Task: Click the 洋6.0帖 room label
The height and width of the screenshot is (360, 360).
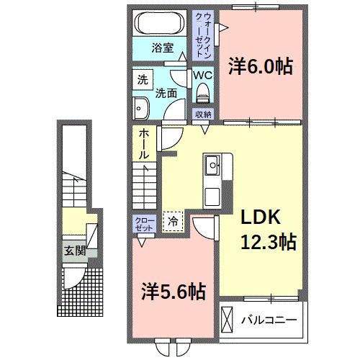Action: pyautogui.click(x=261, y=67)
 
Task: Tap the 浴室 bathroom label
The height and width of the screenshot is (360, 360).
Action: pyautogui.click(x=162, y=48)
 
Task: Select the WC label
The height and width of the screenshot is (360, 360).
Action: pyautogui.click(x=201, y=75)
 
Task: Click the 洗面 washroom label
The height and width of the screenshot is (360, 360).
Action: pyautogui.click(x=167, y=92)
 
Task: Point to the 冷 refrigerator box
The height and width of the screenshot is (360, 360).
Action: pyautogui.click(x=173, y=221)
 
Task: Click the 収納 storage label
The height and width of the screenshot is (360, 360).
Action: pyautogui.click(x=203, y=114)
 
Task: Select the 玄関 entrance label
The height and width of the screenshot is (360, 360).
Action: pyautogui.click(x=73, y=251)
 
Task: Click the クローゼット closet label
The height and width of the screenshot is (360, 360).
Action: pyautogui.click(x=141, y=224)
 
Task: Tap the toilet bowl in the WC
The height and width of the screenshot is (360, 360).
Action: pyautogui.click(x=202, y=92)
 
